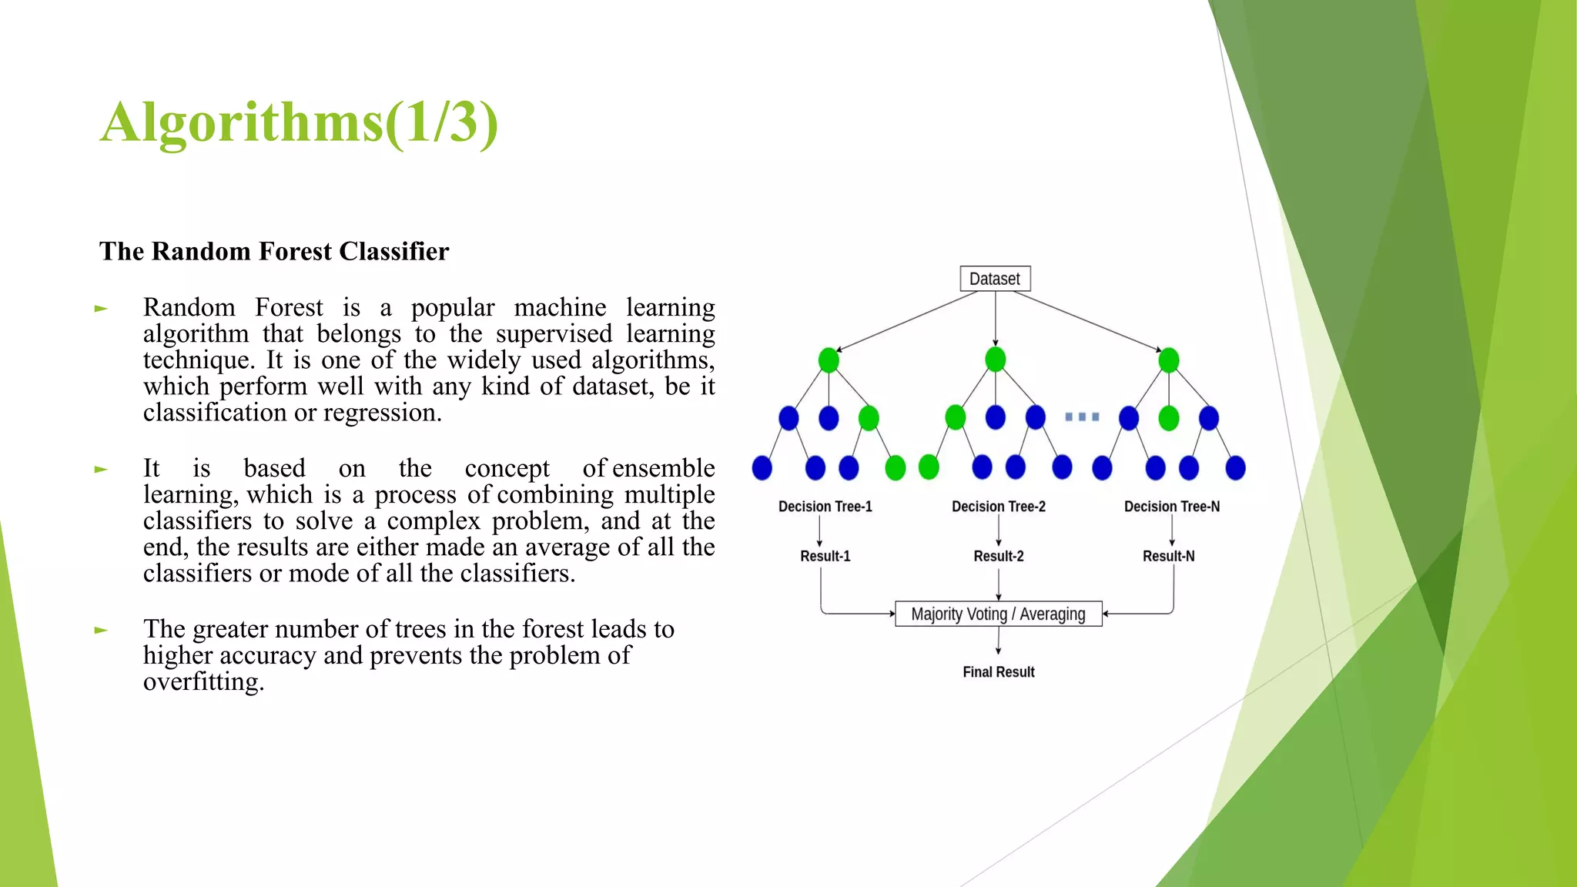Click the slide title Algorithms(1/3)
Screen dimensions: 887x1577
(299, 123)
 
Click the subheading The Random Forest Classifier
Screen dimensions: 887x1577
(274, 252)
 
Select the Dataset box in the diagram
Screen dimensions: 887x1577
(995, 279)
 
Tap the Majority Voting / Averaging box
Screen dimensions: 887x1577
(998, 614)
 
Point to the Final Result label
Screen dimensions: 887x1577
(998, 672)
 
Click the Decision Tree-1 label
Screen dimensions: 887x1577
(825, 507)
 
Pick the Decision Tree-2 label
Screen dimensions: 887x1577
(998, 507)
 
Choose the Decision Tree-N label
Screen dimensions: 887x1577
(1171, 507)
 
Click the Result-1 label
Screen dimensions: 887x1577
(825, 556)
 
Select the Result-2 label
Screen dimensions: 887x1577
(998, 556)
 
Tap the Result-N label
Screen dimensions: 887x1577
(1168, 556)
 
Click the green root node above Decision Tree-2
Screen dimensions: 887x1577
(995, 360)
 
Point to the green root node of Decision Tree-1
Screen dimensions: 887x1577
(829, 360)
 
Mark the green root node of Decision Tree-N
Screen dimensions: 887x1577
(1168, 360)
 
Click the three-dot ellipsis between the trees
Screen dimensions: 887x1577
(1082, 417)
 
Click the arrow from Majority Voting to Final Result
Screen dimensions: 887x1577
(998, 641)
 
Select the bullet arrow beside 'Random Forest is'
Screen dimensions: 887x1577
(101, 309)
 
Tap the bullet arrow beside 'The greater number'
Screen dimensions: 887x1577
(101, 631)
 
